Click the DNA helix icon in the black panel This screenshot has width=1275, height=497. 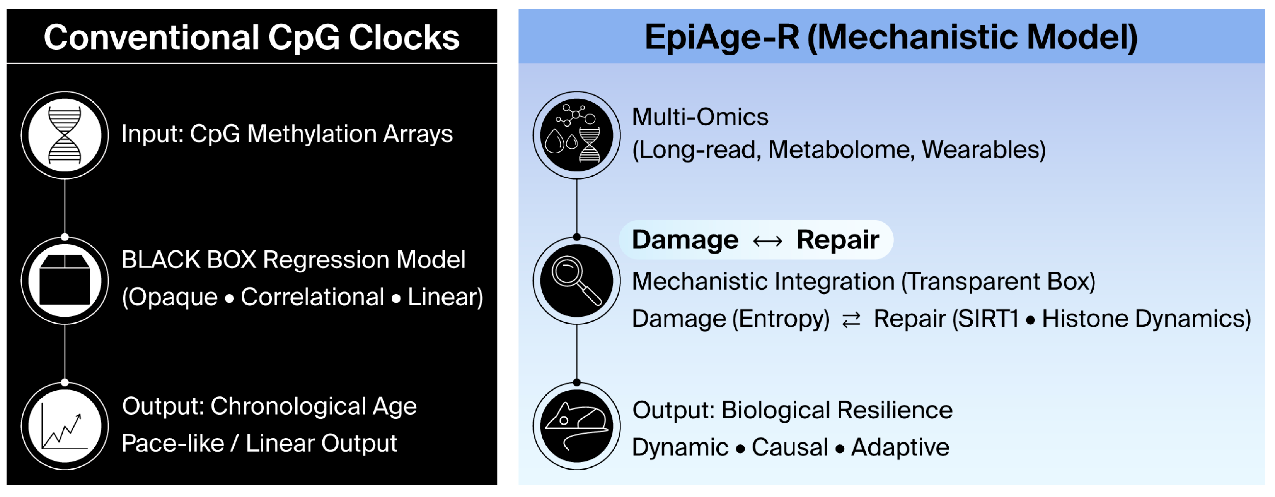tap(65, 135)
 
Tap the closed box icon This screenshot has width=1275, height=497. tap(65, 281)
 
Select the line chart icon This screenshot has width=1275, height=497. tap(65, 426)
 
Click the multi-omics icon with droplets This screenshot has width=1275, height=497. tap(577, 135)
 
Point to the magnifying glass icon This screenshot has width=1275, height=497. tap(577, 281)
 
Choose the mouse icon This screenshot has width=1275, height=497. tap(577, 426)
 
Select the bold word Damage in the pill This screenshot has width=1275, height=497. tap(685, 240)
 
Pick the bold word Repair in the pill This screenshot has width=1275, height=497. tap(837, 240)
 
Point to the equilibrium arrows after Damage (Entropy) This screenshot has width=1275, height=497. tap(851, 320)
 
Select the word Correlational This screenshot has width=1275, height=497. tap(312, 297)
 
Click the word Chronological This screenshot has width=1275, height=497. tap(288, 406)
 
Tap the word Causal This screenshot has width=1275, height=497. tap(789, 447)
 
